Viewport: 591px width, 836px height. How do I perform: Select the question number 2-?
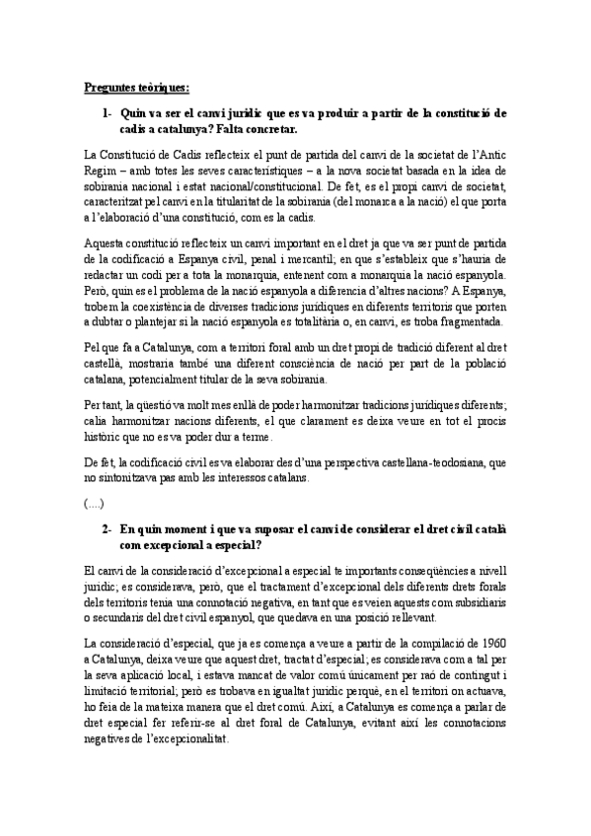(109, 529)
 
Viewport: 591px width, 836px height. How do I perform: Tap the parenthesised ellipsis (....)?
(98, 504)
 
